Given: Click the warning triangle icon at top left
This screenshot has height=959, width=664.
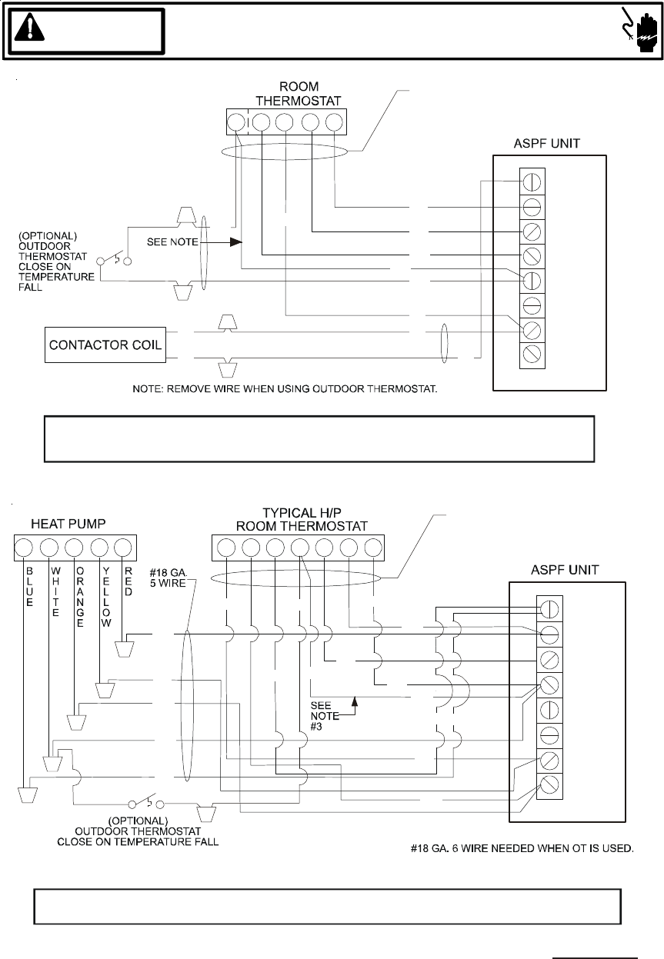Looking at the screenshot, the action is [x=29, y=27].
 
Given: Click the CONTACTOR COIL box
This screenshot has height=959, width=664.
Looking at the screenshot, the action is [x=105, y=345].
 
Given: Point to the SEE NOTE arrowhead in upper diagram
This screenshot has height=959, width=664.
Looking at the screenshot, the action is [x=236, y=242].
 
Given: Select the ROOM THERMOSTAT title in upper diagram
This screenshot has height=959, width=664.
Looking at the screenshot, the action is [x=299, y=94].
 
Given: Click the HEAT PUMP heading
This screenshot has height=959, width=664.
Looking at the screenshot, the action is [x=68, y=524].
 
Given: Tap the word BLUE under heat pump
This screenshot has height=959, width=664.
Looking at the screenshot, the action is [x=29, y=587].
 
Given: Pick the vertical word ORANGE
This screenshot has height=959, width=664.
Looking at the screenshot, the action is [x=80, y=597].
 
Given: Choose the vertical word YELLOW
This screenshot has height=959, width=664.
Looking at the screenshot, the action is [x=106, y=597].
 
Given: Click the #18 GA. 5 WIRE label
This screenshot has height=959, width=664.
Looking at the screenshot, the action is [x=169, y=578].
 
